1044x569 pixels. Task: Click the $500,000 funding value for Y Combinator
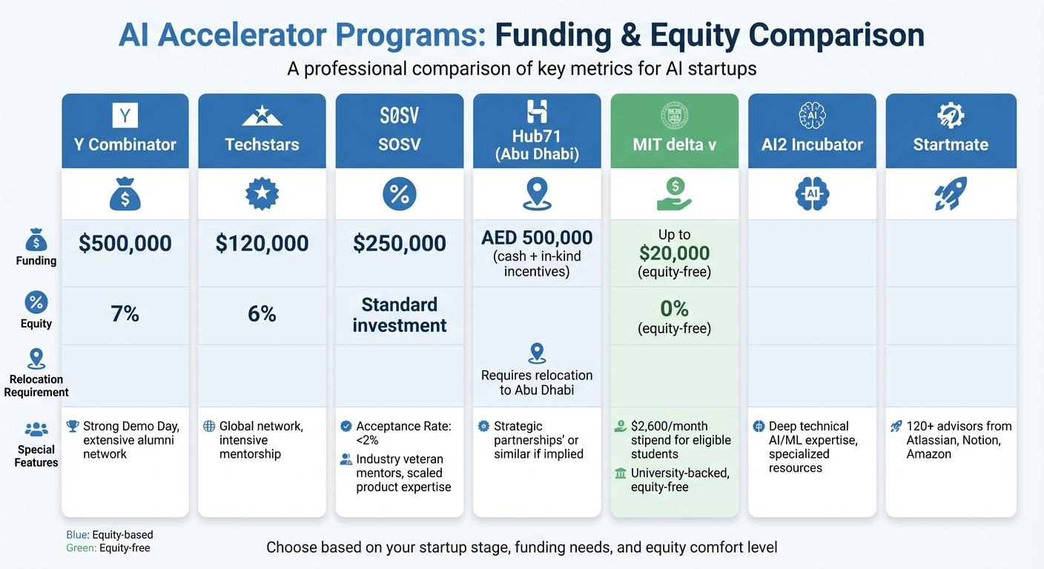125,244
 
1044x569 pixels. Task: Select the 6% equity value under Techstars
262,314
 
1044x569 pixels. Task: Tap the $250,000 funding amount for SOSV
399,244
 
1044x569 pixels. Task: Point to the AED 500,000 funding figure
537,238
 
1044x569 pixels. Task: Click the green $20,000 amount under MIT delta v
674,253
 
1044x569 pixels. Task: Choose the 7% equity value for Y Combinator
125,314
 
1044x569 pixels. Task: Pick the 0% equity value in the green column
674,308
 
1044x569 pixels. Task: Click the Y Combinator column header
125,144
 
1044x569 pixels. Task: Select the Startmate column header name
951,144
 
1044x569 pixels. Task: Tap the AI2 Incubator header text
812,144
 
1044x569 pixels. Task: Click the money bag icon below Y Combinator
125,195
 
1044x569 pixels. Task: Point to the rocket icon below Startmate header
951,194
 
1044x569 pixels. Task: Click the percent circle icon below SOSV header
399,194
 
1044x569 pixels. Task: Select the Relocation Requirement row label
36,385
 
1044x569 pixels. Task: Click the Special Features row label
36,456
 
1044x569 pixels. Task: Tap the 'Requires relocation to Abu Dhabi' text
537,382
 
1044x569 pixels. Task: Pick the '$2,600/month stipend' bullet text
680,440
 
